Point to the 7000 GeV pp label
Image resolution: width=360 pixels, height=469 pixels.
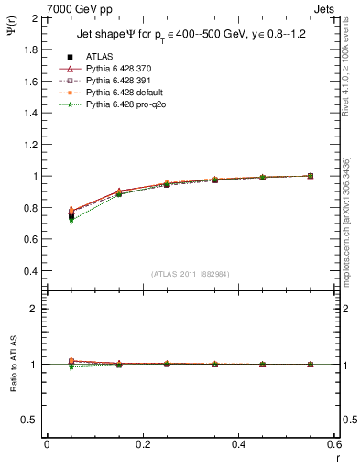pyautogui.click(x=74, y=7)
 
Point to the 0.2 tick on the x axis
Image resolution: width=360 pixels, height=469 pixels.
pyautogui.click(x=143, y=444)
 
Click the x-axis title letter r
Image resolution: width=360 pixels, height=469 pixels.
pyautogui.click(x=335, y=457)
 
